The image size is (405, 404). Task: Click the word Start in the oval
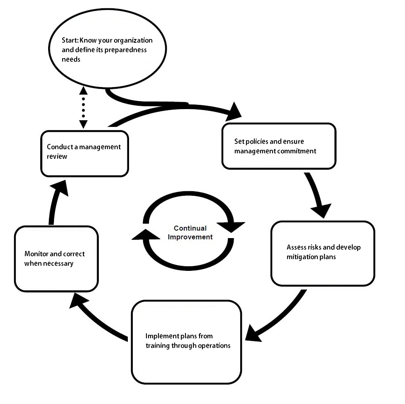(x=64, y=41)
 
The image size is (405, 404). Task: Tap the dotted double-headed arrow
(x=83, y=107)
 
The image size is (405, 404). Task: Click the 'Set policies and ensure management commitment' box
(x=278, y=146)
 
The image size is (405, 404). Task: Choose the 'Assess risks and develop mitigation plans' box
(x=322, y=253)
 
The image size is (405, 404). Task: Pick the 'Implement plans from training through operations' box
(x=186, y=342)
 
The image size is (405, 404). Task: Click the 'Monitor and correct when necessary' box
(x=56, y=258)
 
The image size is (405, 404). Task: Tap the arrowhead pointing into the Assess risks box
(x=322, y=209)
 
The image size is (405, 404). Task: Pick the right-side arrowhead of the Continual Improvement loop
(x=231, y=226)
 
